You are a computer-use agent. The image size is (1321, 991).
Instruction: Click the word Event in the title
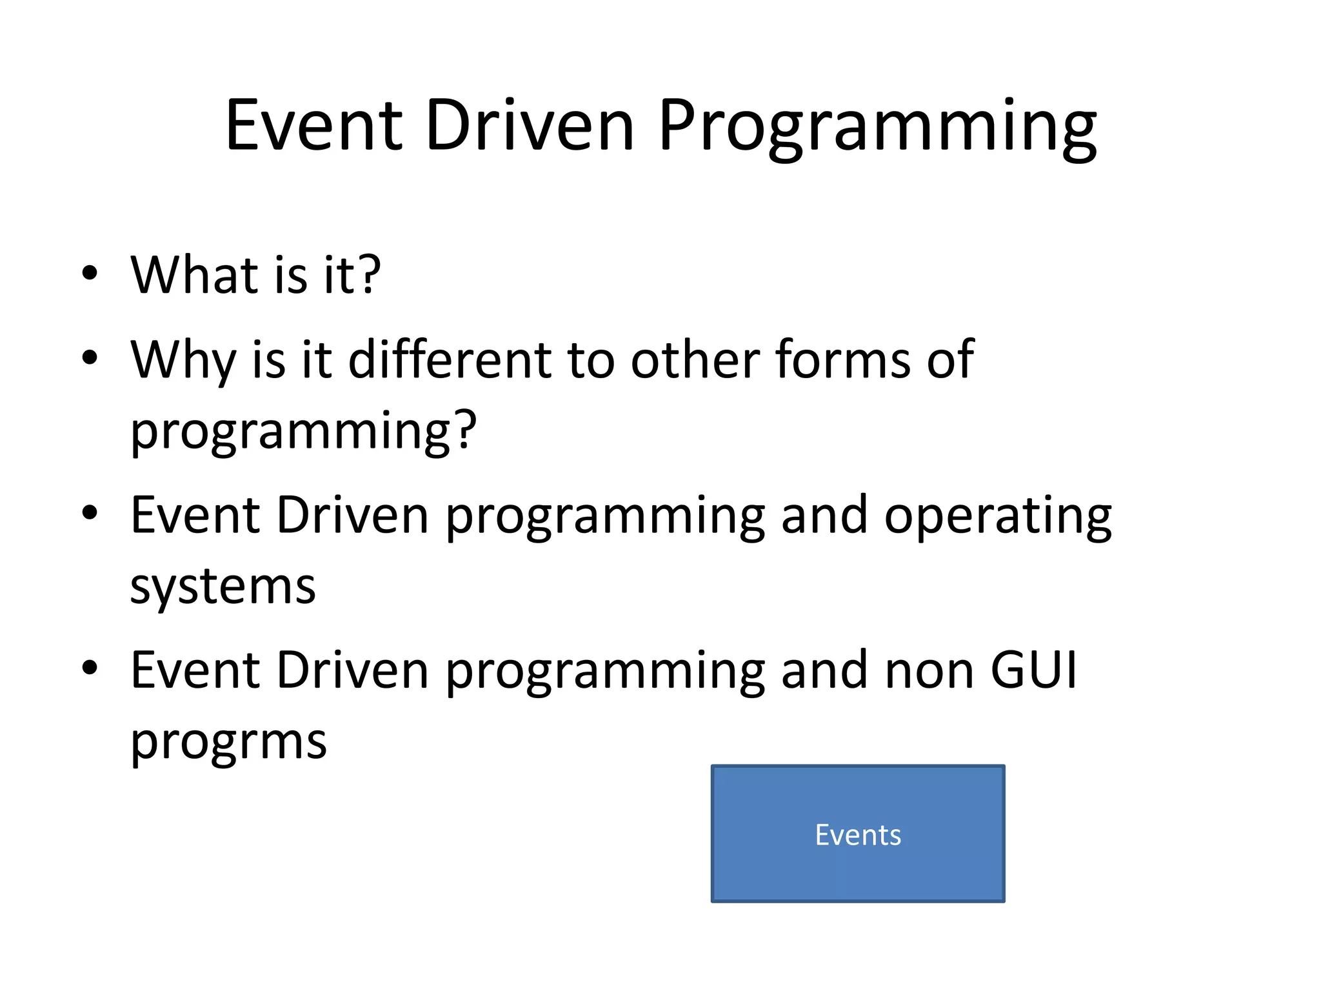[x=314, y=126]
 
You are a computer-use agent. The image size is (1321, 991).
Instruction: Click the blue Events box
[x=858, y=834]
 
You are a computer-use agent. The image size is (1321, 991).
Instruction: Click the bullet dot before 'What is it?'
[x=90, y=273]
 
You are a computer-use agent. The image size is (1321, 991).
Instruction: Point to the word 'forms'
[x=844, y=359]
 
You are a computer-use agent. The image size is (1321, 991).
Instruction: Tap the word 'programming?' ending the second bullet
[x=303, y=430]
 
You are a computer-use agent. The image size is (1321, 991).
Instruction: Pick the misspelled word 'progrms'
[x=228, y=742]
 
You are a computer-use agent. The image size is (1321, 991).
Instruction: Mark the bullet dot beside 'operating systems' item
[x=90, y=513]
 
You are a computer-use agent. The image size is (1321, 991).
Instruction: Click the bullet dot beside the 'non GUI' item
[x=90, y=668]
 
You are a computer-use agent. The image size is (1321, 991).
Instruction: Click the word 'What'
[x=194, y=275]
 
